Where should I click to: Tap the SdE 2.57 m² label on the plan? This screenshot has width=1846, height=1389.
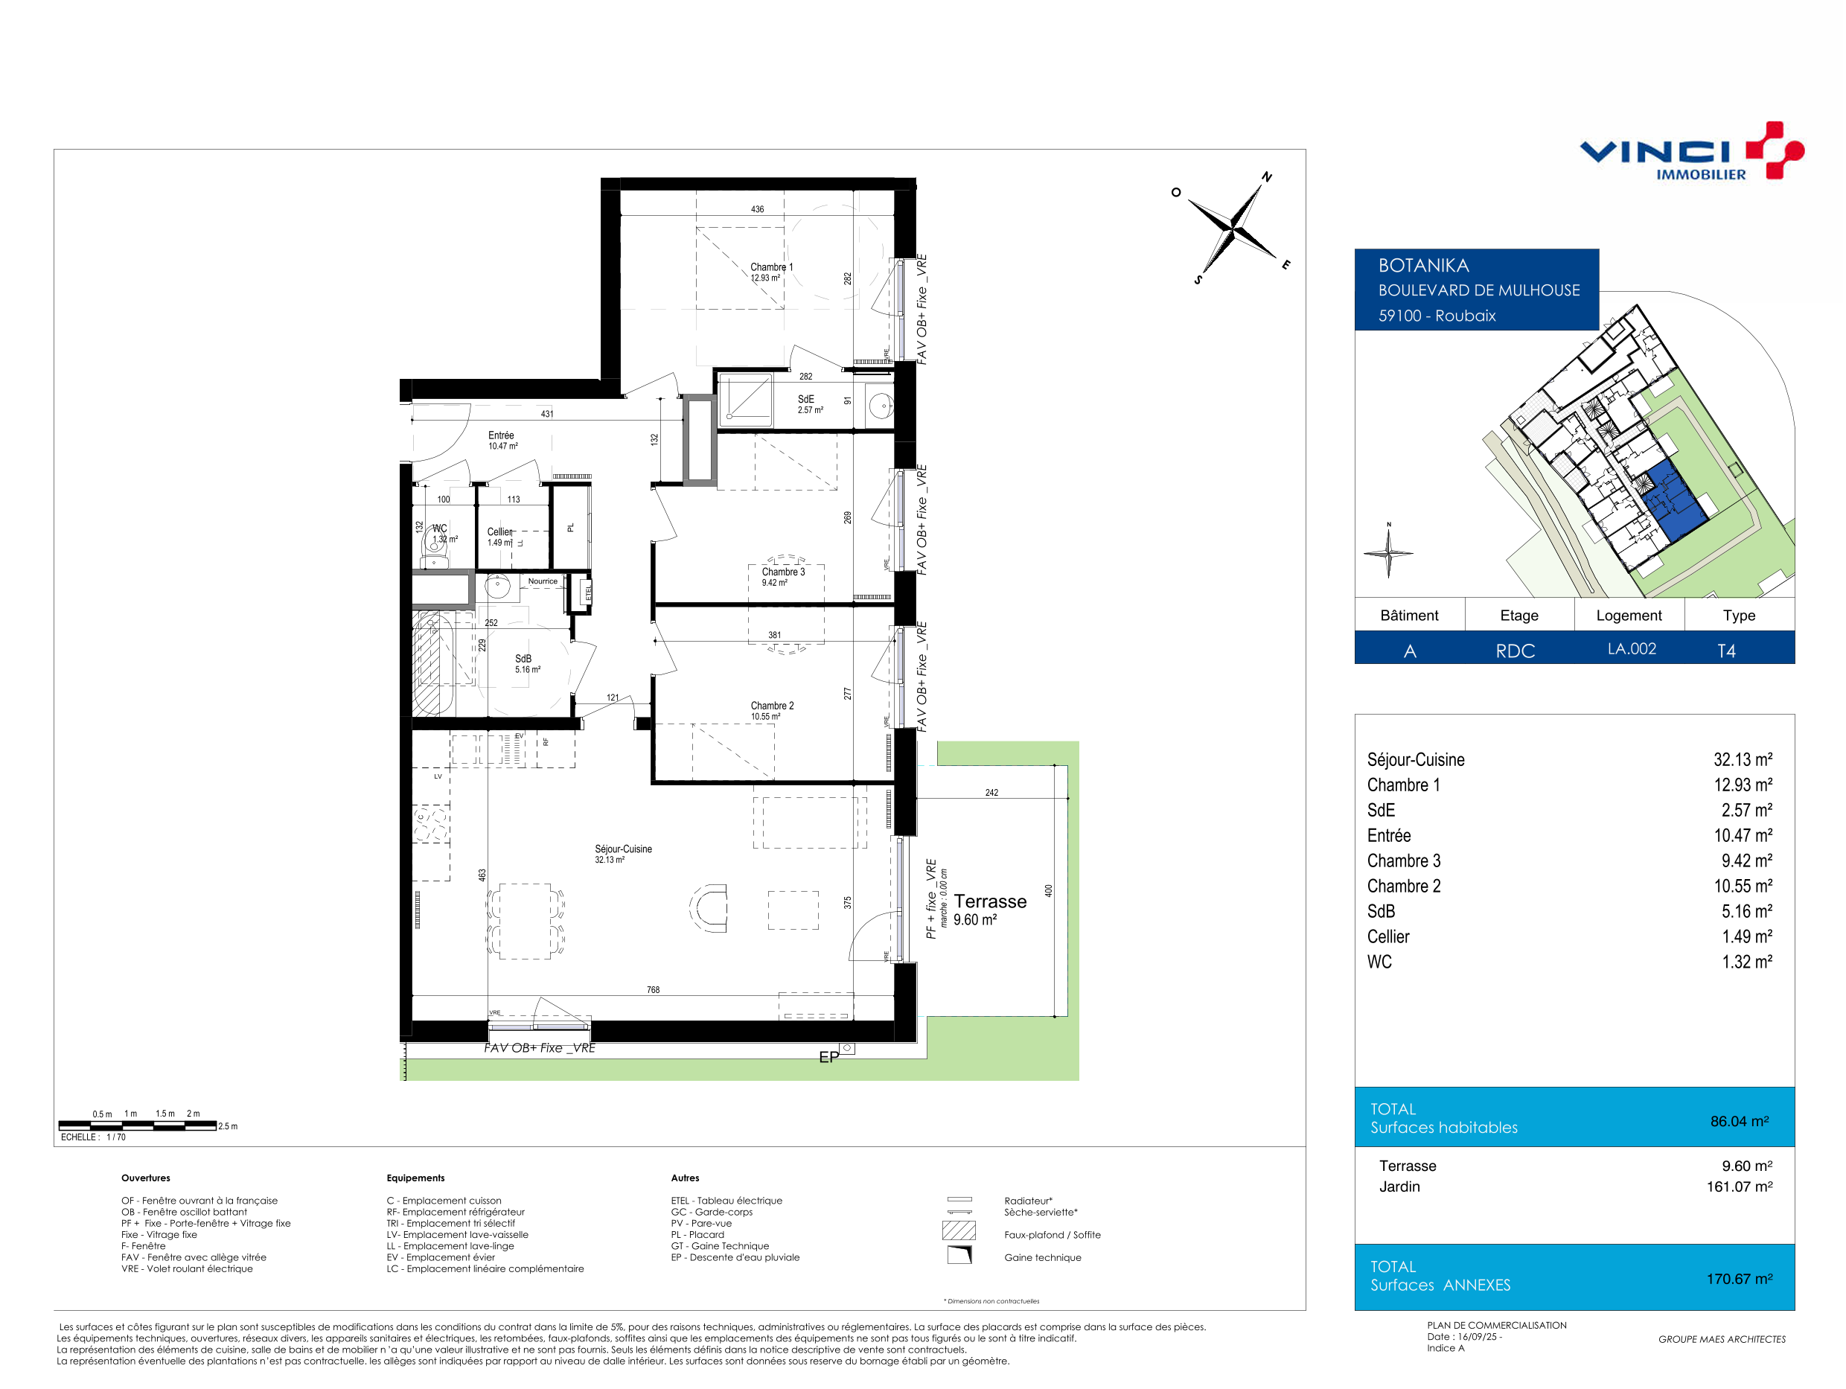click(x=810, y=404)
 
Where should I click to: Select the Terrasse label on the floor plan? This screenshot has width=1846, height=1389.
click(x=990, y=901)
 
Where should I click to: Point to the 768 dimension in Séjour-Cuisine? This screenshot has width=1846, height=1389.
click(x=653, y=990)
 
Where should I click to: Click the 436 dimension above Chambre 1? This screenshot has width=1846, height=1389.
click(x=757, y=209)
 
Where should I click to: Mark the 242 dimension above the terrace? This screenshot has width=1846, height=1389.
click(x=991, y=792)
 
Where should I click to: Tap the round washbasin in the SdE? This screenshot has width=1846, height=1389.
click(x=881, y=406)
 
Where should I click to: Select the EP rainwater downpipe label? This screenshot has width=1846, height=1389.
click(x=828, y=1058)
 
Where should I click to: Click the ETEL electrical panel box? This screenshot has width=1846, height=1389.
click(x=587, y=593)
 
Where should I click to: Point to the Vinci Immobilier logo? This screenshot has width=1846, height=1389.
click(x=1692, y=151)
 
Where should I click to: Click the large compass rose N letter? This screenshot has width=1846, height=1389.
click(x=1267, y=177)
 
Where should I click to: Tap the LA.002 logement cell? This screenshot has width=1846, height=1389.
click(x=1632, y=648)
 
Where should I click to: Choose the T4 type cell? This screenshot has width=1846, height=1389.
click(x=1726, y=651)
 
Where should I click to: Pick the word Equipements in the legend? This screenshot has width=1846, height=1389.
click(x=415, y=1178)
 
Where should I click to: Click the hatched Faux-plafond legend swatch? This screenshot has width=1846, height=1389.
click(x=959, y=1230)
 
